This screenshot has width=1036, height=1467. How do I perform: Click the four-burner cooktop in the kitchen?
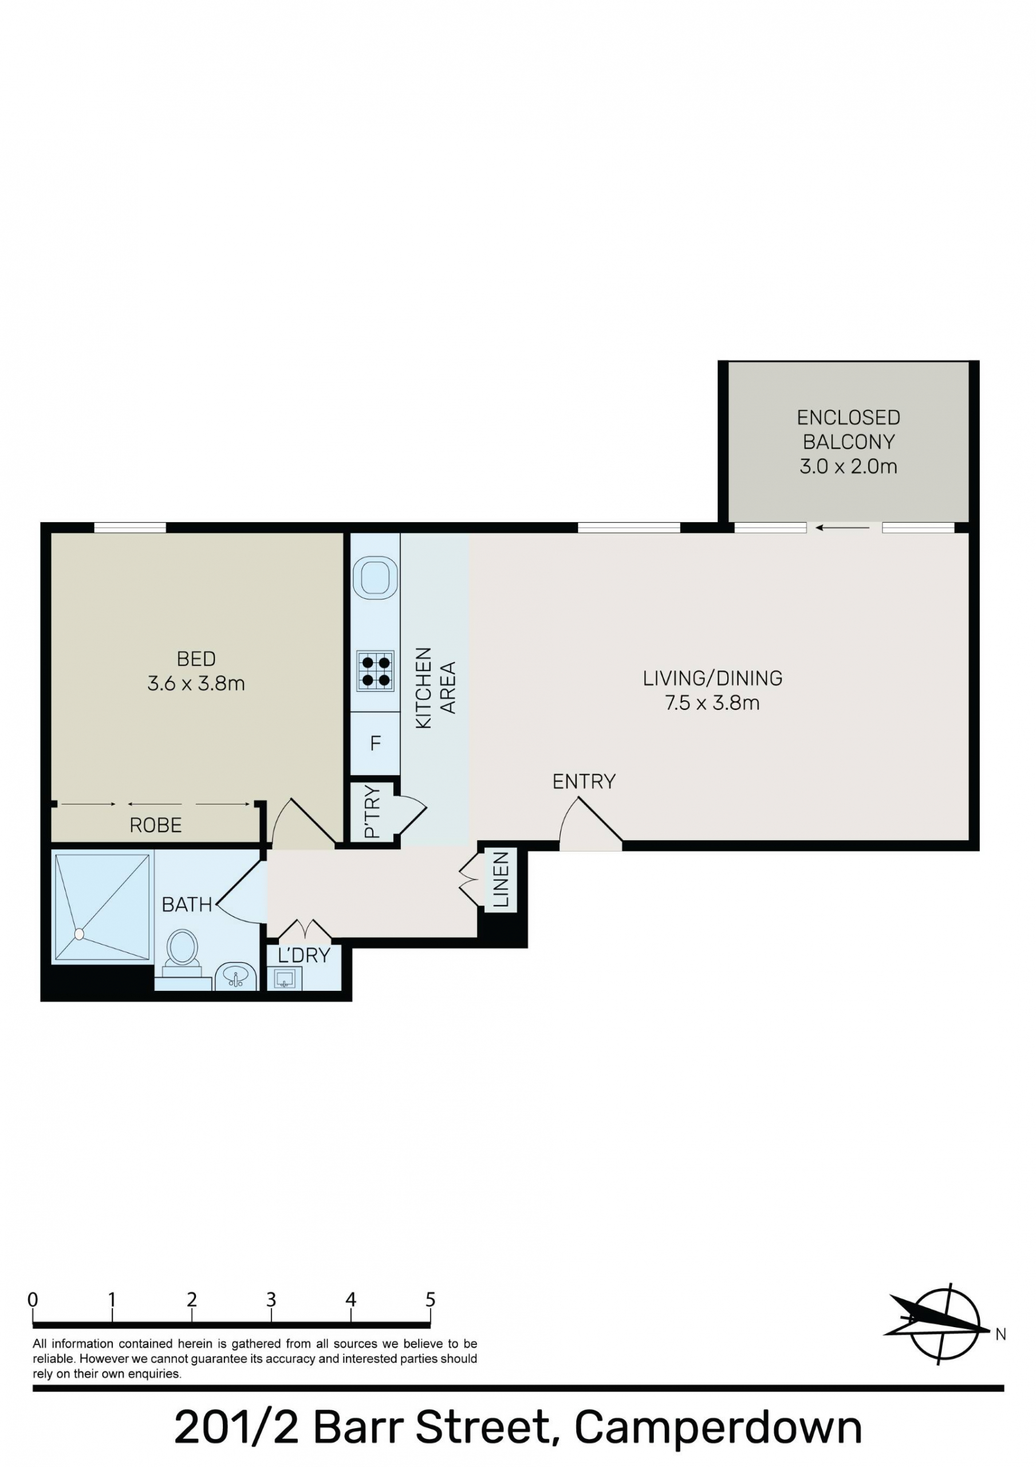[x=376, y=671]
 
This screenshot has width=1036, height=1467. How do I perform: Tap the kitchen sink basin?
[x=375, y=578]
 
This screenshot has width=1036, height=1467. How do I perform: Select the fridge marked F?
[x=376, y=743]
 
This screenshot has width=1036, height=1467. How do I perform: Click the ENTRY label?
[x=584, y=782]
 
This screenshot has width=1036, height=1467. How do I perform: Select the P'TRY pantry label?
[x=372, y=812]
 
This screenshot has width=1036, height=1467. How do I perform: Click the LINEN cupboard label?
[x=502, y=880]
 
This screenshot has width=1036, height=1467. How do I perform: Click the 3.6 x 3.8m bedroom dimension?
[x=196, y=684]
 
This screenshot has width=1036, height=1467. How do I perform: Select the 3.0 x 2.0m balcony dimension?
[x=848, y=466]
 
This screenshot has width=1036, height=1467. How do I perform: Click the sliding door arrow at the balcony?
[x=843, y=528]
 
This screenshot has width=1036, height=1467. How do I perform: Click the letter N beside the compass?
[x=1001, y=1334]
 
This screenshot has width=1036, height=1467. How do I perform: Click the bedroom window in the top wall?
[x=131, y=528]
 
